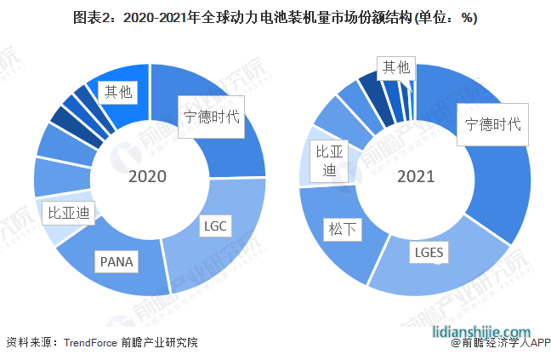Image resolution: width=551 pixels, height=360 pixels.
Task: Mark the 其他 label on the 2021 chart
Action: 395,66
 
